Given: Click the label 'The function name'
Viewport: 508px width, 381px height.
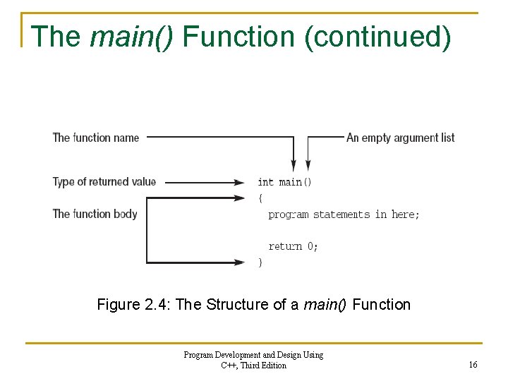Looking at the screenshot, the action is (96, 138).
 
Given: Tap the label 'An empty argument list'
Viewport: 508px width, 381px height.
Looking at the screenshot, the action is (400, 138).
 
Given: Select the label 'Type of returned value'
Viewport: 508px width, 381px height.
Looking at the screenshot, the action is (104, 181).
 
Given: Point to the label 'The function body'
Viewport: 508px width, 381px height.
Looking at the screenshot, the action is (95, 213).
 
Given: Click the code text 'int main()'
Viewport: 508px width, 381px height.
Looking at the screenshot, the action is (284, 182).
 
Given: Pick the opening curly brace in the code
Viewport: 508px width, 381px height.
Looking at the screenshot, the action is (260, 198).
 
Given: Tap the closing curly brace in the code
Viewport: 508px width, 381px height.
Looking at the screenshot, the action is (260, 262).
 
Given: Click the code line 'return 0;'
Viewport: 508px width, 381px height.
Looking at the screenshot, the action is (293, 246).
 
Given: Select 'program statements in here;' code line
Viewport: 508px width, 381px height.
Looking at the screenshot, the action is (344, 214).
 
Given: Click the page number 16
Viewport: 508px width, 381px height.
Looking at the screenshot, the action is (473, 365).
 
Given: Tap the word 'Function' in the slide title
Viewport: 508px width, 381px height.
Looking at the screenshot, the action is (239, 37).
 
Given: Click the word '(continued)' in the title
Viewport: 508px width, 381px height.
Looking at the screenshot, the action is (377, 37).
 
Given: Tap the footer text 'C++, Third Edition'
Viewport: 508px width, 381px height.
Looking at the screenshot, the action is (253, 365).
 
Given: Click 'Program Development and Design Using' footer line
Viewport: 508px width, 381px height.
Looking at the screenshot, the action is (253, 355).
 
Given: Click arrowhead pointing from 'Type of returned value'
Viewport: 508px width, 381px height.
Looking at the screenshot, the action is (239, 182).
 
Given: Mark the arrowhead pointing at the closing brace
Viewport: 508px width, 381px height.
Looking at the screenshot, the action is (239, 262).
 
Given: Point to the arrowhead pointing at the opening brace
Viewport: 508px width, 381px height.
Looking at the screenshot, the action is (239, 198).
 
